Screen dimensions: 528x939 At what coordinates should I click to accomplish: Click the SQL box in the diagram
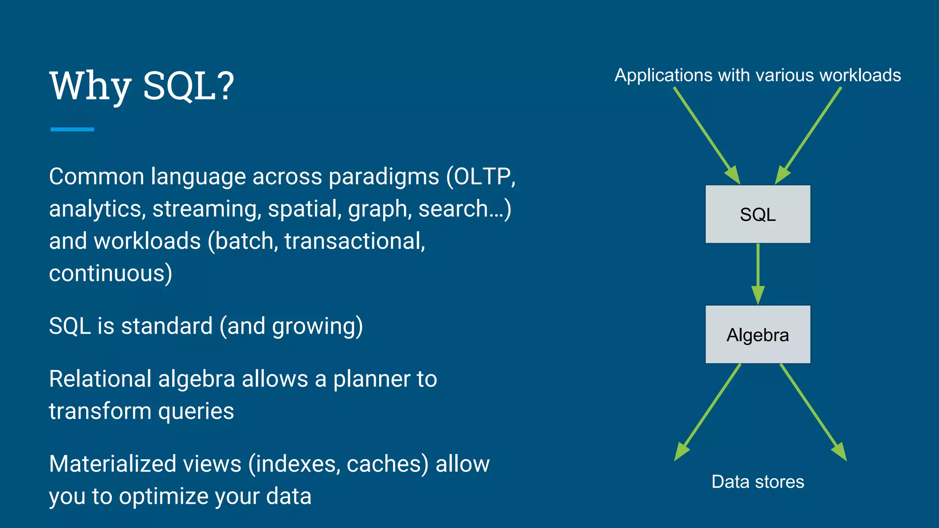(x=757, y=214)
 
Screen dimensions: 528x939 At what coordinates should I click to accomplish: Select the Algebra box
(x=757, y=335)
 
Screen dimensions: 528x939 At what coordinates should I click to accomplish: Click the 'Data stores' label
(x=757, y=482)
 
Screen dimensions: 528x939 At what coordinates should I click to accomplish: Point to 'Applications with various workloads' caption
(x=757, y=75)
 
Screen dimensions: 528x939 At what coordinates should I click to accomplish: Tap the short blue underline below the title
(x=72, y=129)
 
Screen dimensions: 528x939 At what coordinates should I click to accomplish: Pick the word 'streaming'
(x=207, y=209)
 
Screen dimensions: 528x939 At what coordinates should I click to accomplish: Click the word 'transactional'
(x=354, y=241)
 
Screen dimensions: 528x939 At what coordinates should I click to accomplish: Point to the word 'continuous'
(x=107, y=273)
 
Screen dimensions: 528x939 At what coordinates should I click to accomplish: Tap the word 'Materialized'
(x=113, y=464)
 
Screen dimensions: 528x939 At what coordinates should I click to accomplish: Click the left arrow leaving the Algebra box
(x=707, y=412)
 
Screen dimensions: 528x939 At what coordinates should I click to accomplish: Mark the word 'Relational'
(x=100, y=379)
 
